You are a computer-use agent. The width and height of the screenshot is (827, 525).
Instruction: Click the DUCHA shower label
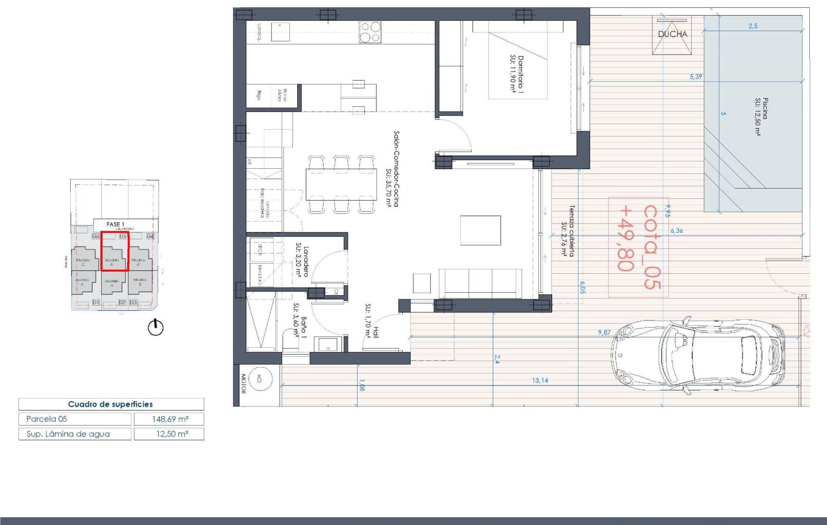(x=672, y=34)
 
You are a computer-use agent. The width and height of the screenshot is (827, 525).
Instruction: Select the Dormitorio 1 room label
(x=517, y=74)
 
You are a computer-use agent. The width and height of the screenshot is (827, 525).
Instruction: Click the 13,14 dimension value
(x=540, y=381)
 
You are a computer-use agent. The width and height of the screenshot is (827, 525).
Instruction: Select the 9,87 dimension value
(x=604, y=332)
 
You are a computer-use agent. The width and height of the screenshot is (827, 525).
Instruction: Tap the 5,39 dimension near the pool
(x=696, y=76)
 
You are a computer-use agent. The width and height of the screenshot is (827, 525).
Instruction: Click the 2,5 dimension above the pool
(x=753, y=26)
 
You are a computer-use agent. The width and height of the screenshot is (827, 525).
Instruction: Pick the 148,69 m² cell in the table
(x=169, y=419)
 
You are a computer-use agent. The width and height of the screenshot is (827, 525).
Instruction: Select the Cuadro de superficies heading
(x=110, y=404)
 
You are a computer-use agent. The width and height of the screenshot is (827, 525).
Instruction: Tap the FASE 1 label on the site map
(x=115, y=225)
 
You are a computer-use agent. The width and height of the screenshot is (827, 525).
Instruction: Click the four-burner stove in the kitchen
(x=370, y=32)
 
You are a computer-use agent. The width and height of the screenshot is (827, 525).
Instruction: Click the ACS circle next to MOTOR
(x=259, y=379)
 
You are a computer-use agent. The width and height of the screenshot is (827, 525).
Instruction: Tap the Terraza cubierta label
(x=568, y=230)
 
